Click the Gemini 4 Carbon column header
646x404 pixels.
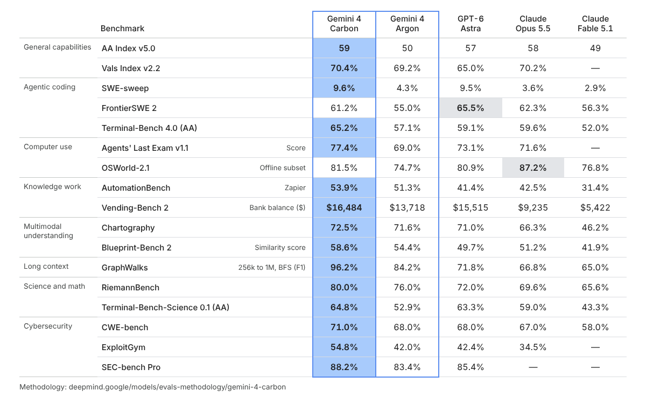click(344, 24)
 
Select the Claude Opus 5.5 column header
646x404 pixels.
click(533, 24)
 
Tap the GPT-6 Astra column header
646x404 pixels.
click(471, 24)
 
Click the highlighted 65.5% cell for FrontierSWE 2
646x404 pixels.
click(471, 108)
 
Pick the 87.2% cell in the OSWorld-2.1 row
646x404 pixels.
click(533, 168)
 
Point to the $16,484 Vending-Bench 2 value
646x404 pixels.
click(344, 208)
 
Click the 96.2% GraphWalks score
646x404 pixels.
click(344, 268)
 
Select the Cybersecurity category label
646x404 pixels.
click(48, 326)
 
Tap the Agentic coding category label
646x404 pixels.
click(50, 87)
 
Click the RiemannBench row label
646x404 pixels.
click(130, 288)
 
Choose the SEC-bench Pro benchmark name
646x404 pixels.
click(131, 367)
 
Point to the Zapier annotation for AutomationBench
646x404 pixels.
click(295, 188)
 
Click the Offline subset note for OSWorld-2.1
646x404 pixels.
click(283, 168)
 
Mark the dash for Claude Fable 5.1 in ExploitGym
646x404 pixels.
click(595, 347)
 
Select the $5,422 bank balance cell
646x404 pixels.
click(595, 208)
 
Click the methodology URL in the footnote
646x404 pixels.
click(177, 387)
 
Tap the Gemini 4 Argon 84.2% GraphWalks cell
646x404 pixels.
click(407, 268)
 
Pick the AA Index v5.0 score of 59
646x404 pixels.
click(344, 48)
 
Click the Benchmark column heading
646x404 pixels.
click(122, 28)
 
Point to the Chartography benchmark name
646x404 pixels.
click(128, 228)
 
